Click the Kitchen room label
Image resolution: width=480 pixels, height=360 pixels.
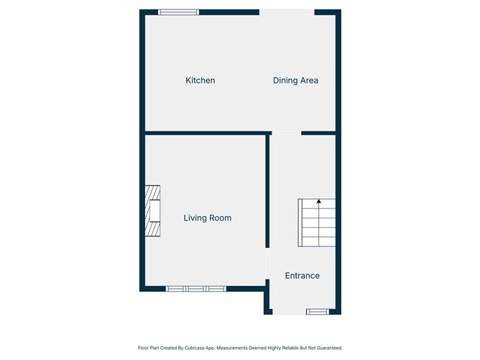click(200, 80)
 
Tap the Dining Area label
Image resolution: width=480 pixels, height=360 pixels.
click(295, 80)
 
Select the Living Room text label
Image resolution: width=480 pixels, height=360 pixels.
click(207, 218)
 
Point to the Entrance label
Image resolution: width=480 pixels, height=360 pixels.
click(302, 276)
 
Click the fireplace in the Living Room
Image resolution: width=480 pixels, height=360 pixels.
click(152, 211)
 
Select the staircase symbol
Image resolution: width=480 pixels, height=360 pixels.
click(317, 223)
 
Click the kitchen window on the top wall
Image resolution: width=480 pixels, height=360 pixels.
click(179, 11)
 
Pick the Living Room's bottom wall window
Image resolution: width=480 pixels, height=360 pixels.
click(195, 289)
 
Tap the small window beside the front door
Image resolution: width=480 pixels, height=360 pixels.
click(317, 312)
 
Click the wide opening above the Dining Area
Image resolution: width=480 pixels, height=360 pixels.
click(286, 11)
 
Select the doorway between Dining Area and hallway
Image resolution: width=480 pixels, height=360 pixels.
click(286, 133)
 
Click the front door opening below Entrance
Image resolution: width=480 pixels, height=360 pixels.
click(289, 312)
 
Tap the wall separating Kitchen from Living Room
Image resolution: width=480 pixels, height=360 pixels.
click(207, 133)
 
